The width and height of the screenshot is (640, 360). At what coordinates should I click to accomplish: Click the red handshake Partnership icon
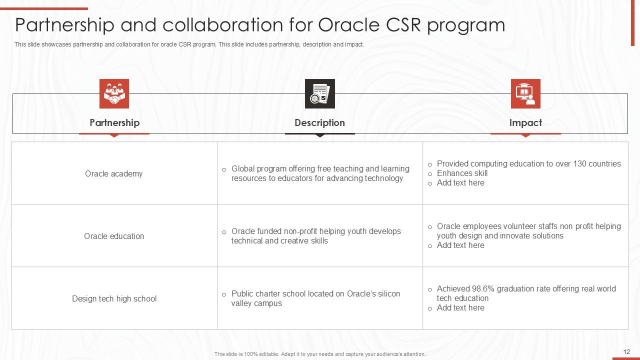point(114,93)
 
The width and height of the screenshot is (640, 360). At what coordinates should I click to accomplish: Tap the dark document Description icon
point(319,93)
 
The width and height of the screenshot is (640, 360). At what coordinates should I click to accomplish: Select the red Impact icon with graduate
point(525,93)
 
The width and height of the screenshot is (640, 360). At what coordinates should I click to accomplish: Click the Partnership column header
point(114,122)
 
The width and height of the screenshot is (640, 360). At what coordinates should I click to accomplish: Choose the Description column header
point(319,122)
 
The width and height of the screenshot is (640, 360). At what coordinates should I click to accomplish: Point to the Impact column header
point(525,122)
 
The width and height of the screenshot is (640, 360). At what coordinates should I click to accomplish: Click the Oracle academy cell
point(114,173)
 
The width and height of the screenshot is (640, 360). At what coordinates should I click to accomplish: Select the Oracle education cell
point(114,236)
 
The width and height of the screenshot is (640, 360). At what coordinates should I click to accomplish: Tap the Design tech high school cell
point(114,298)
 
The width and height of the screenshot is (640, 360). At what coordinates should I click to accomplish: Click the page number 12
point(626,352)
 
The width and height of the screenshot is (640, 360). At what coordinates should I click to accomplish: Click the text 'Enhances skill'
point(462,173)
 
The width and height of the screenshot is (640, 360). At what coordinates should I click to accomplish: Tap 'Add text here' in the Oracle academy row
point(460,183)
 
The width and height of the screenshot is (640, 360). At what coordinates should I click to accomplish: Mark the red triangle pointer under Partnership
point(114,135)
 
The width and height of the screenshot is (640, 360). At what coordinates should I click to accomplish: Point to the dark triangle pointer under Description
point(319,135)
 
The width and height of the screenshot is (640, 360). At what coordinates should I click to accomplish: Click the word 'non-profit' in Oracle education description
point(300,231)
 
